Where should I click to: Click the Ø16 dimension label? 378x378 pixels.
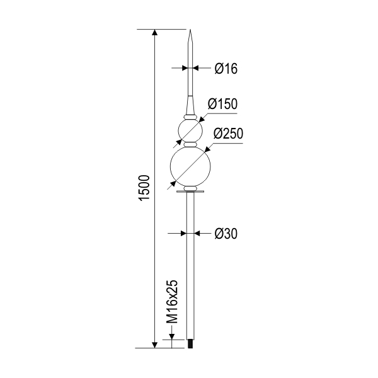[x=226, y=69]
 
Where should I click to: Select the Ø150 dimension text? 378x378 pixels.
[x=222, y=104]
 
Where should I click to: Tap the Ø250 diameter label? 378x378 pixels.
[x=228, y=134]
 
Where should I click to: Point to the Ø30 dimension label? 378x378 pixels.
[x=226, y=234]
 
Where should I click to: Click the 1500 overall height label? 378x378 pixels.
[x=144, y=188]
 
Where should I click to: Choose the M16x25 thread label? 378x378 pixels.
[x=172, y=302]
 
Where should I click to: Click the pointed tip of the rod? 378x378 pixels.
[x=190, y=30]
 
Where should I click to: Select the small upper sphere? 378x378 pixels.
[x=190, y=130]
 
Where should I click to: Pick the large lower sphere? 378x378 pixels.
[x=190, y=166]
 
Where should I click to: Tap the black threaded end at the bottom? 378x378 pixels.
[x=190, y=343]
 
